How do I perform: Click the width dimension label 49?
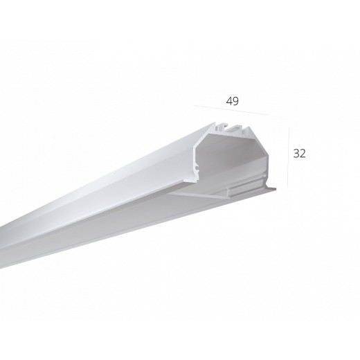point(233,101)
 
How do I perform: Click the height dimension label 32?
point(300,154)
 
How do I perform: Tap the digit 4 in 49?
point(229,101)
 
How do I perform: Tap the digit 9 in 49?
point(236,101)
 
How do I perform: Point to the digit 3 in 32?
point(296,154)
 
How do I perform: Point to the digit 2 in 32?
point(303,154)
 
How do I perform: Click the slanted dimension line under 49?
point(231,110)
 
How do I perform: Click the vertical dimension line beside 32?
point(289,158)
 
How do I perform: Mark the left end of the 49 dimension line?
point(194,105)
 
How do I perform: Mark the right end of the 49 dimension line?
point(269,115)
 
